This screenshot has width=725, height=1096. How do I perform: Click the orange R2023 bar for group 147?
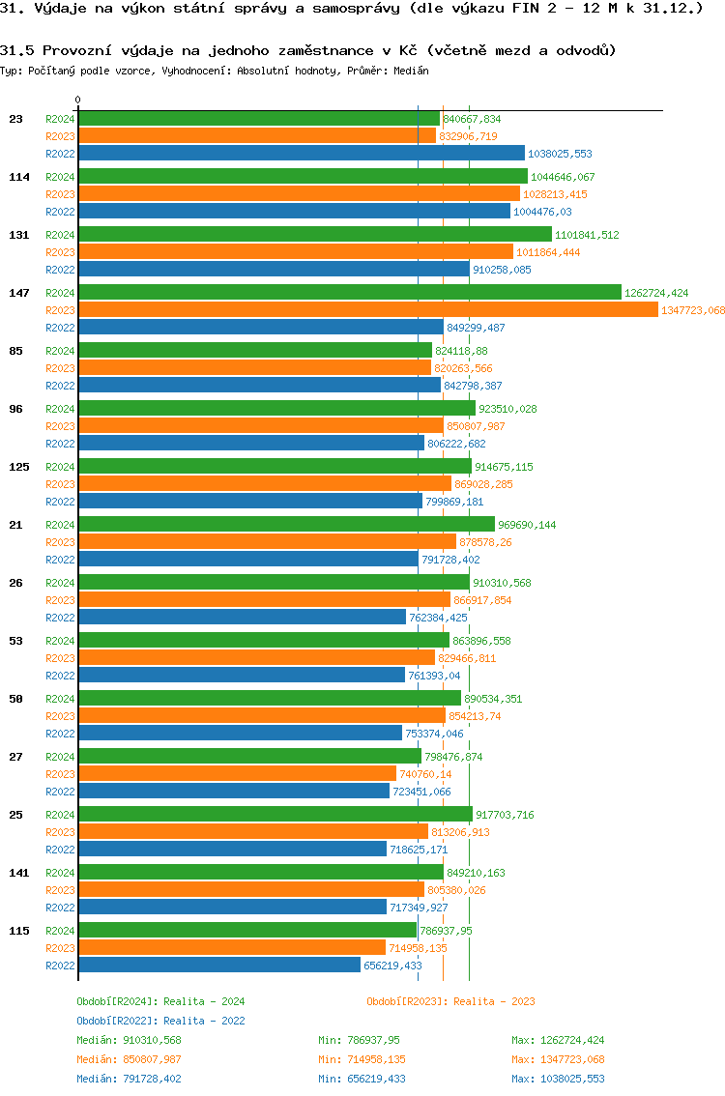point(367,310)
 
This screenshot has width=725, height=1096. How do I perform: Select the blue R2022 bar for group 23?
point(301,154)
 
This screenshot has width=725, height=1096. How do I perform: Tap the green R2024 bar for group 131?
point(314,235)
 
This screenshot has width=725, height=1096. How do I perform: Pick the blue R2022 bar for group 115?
point(218,966)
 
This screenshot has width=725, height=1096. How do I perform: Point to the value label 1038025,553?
point(560,154)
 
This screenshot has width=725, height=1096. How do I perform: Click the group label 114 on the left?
point(18,177)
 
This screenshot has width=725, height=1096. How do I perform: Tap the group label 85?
point(15,351)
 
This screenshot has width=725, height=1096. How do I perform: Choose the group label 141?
point(18,873)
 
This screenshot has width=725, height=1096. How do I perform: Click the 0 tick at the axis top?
point(78,100)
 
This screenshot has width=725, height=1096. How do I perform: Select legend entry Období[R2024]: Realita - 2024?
point(160,1001)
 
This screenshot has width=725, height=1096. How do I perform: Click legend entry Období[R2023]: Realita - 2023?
point(450,1001)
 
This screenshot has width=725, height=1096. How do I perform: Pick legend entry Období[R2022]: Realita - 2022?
point(160,1021)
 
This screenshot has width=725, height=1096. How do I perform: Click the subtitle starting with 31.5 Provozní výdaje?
point(308,50)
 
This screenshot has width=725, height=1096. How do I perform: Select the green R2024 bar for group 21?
point(286,525)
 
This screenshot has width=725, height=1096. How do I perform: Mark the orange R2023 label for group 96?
point(60,426)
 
